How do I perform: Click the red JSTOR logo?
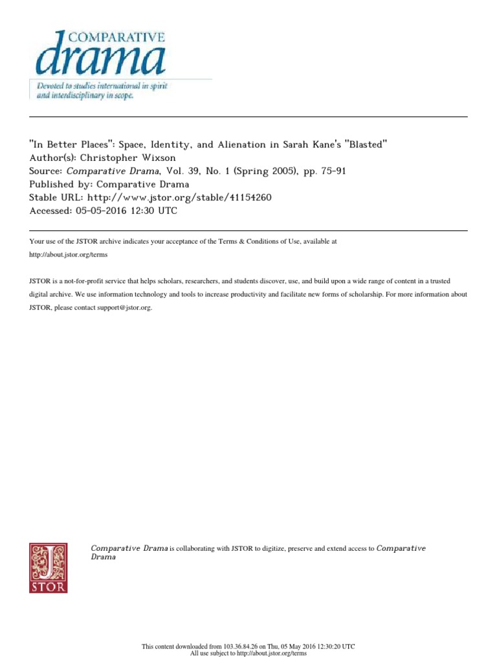(x=48, y=568)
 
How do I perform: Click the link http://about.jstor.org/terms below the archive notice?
(x=69, y=255)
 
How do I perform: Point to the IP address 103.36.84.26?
(x=239, y=646)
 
